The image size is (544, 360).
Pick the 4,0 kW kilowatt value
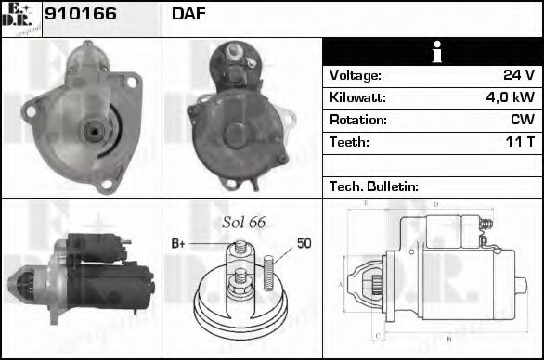(x=510, y=97)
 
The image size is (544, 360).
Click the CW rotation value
(x=523, y=120)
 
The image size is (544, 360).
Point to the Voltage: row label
(x=356, y=75)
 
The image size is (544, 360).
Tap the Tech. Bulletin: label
(x=374, y=186)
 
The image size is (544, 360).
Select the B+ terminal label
(x=178, y=244)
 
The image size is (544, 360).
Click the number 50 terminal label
(x=304, y=244)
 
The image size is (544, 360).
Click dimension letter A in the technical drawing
(x=340, y=284)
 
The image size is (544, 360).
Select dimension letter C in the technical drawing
(x=377, y=335)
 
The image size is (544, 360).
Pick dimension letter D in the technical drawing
(x=434, y=203)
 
